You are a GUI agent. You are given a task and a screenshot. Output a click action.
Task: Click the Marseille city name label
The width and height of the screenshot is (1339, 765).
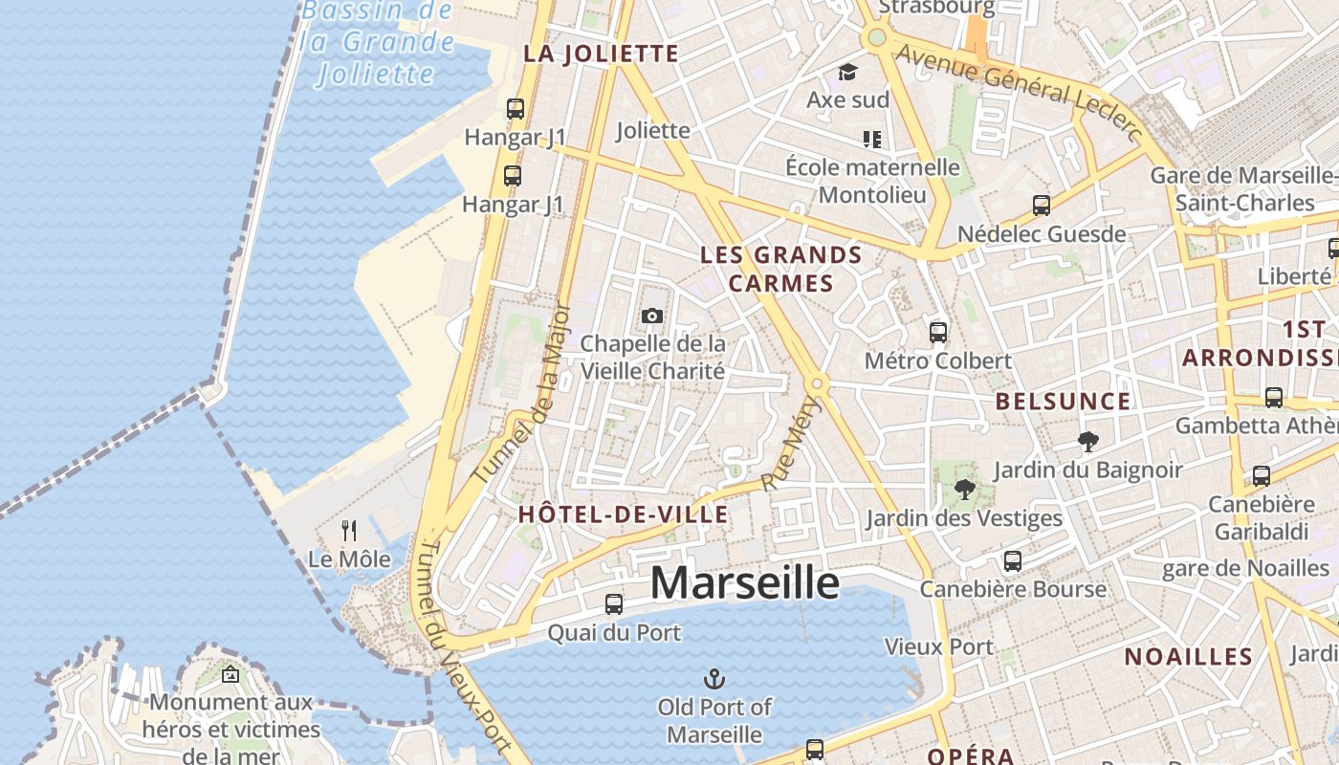(744, 582)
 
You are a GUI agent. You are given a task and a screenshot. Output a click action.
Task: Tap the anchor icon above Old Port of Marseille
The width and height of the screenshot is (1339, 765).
(713, 680)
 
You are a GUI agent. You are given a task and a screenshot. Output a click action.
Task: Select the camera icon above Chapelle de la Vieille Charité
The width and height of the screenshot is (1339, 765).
(652, 316)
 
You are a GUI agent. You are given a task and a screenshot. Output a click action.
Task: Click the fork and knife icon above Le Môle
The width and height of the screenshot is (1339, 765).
(349, 531)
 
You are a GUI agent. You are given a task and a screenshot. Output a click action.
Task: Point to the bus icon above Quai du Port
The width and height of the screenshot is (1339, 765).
(614, 604)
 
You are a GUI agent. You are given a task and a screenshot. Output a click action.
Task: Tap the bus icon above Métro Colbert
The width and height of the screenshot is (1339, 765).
(938, 333)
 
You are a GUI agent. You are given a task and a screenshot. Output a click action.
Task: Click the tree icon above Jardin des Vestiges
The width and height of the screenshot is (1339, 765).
(964, 491)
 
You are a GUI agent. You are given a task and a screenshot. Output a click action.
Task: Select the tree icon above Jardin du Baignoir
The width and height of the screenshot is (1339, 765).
(1087, 442)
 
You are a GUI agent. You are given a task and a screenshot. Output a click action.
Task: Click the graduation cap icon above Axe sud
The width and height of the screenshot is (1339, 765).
(847, 73)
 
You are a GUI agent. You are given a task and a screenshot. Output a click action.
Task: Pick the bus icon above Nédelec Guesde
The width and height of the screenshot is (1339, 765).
(1042, 206)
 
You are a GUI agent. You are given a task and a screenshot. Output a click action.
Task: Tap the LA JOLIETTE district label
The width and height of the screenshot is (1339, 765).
(601, 54)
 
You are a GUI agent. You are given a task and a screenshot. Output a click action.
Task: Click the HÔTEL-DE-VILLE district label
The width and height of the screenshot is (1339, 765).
(623, 514)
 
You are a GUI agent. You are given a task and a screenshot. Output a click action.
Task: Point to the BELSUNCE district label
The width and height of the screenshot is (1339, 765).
(1063, 402)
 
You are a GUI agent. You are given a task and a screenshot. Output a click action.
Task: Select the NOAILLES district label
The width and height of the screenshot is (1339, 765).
(1188, 657)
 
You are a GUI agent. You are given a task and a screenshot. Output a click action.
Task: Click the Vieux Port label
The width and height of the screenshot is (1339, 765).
(939, 647)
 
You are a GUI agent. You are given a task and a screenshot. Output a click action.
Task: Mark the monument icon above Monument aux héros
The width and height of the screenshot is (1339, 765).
(230, 675)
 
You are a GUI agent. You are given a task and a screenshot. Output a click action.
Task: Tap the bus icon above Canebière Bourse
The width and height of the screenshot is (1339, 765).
(1013, 561)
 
